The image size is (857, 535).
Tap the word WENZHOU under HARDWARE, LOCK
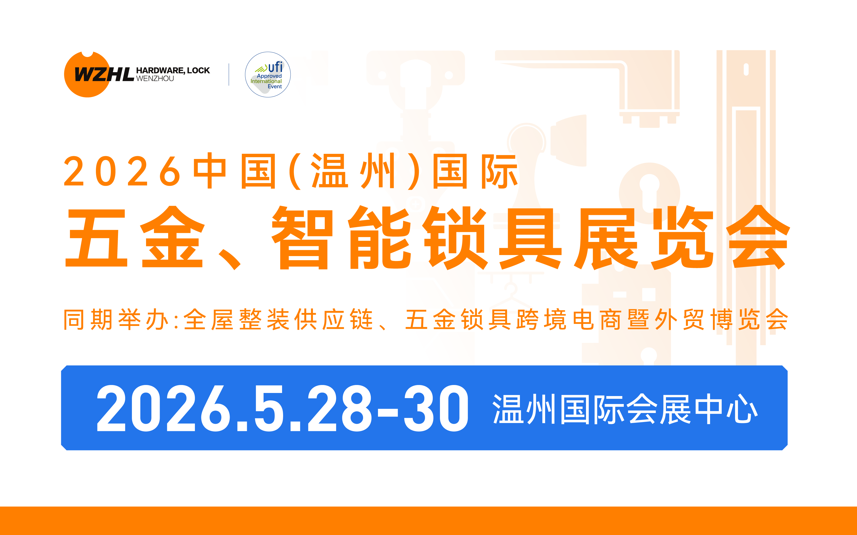click(x=155, y=79)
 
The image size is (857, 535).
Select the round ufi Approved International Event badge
click(x=268, y=75)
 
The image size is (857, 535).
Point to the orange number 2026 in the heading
click(x=122, y=172)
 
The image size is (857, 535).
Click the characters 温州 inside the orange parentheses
click(x=353, y=172)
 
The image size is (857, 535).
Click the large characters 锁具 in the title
click(x=493, y=238)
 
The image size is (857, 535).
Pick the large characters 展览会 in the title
click(x=682, y=238)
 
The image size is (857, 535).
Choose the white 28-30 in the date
click(x=388, y=409)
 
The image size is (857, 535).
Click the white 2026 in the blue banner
click(x=163, y=409)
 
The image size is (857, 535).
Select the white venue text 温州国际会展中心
click(x=625, y=409)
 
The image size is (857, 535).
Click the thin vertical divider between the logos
click(x=229, y=75)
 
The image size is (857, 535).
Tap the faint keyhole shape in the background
click(x=649, y=191)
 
